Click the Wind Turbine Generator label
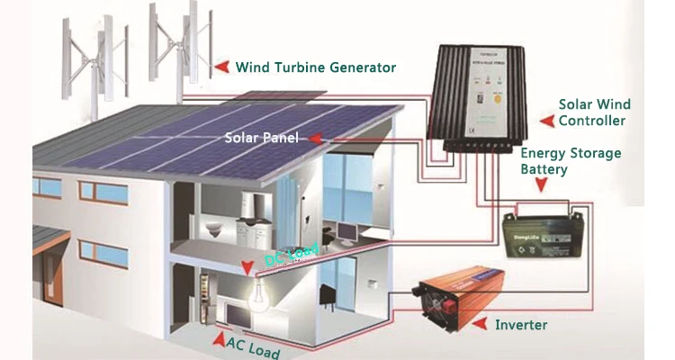coord(315,67)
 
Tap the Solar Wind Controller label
coord(591,112)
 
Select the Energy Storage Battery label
coord(571,161)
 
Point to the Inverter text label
coord(521,324)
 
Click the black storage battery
coord(537,237)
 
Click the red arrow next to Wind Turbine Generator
coord(220,67)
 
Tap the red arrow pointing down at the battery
coord(542,185)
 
